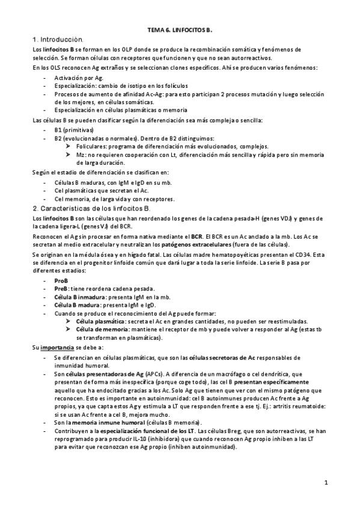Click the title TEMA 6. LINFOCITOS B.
pyautogui.click(x=180, y=29)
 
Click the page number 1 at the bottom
pyautogui.click(x=325, y=482)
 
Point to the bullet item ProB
pyautogui.click(x=61, y=280)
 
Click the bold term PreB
pyautogui.click(x=61, y=289)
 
